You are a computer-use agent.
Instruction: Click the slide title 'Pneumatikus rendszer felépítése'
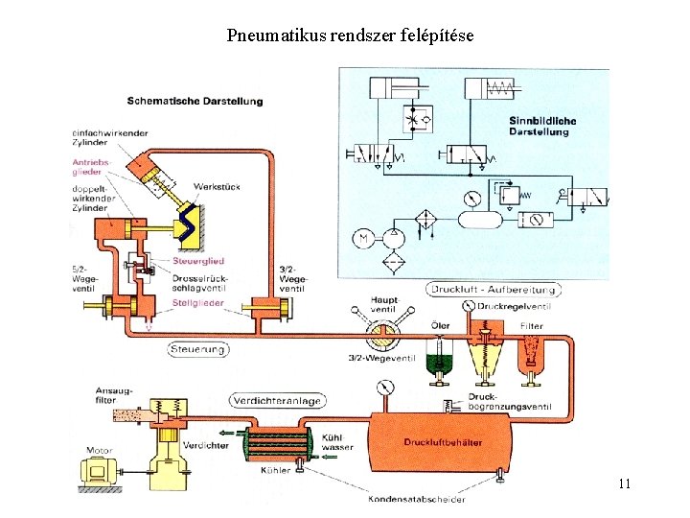pos(350,36)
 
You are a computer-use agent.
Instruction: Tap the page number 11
pos(624,483)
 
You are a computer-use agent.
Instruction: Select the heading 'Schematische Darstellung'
pos(195,101)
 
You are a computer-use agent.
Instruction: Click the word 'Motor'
pos(99,449)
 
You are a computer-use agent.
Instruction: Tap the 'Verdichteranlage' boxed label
pos(276,401)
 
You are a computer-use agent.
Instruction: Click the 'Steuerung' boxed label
pos(198,349)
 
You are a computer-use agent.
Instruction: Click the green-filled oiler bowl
pos(440,364)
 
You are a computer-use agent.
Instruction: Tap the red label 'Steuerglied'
pos(198,261)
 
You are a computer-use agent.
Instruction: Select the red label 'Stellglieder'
pos(198,302)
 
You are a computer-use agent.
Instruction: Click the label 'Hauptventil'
pos(383,305)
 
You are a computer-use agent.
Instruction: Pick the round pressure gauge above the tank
pos(387,388)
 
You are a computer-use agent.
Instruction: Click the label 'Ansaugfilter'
pos(113,395)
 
